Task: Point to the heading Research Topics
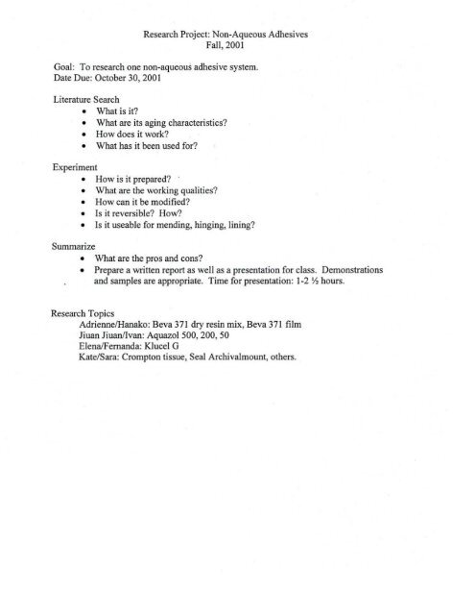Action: click(x=86, y=313)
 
